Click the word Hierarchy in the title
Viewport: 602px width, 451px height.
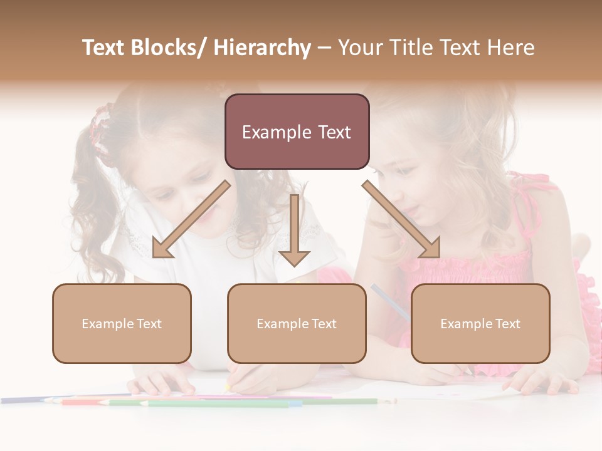click(262, 48)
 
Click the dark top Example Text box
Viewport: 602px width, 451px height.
click(297, 132)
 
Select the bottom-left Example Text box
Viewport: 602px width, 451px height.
click(122, 323)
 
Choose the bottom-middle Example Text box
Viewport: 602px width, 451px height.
click(297, 323)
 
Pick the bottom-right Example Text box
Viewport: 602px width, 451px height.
click(480, 323)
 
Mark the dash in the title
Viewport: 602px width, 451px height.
click(324, 48)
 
